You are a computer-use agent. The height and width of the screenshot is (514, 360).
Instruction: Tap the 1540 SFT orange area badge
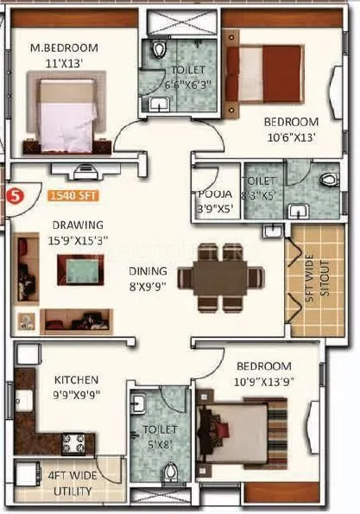tap(72, 194)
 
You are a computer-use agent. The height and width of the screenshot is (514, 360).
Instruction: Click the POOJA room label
tap(211, 195)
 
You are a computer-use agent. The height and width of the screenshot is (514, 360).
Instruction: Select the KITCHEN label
tap(76, 379)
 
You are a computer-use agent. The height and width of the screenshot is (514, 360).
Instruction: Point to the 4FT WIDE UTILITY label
tap(72, 481)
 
